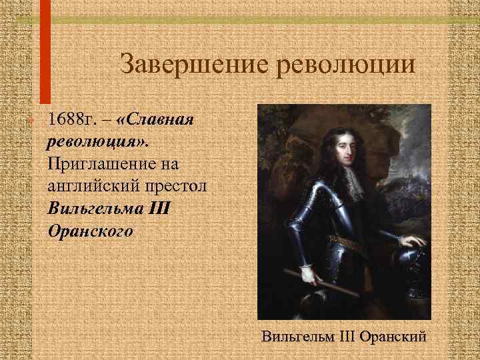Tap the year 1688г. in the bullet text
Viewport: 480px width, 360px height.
point(74,121)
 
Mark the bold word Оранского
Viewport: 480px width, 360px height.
point(91,231)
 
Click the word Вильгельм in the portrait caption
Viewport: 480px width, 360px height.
point(298,335)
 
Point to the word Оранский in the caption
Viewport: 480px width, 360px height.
point(393,335)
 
